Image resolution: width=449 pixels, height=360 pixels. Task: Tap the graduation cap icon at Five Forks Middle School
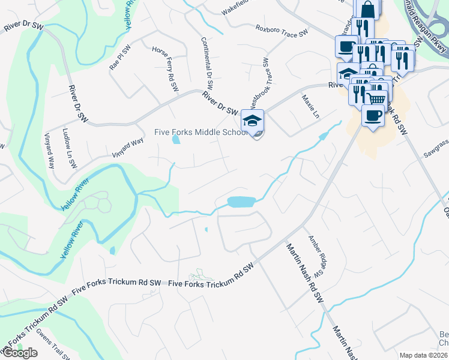tap(253, 119)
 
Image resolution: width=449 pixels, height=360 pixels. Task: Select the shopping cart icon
tap(376, 98)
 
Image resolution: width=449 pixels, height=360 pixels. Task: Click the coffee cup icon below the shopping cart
tap(373, 115)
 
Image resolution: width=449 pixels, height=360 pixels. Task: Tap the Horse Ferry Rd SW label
tap(166, 69)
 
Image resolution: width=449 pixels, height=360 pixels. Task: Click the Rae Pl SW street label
tap(119, 58)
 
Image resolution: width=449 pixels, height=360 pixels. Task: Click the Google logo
tap(20, 353)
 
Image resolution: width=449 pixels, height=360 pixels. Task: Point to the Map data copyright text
tap(424, 355)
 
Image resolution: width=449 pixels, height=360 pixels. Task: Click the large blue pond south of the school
tap(241, 202)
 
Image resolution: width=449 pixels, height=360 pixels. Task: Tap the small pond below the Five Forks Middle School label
tap(175, 140)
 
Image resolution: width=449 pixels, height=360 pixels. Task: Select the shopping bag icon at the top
tap(367, 9)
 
